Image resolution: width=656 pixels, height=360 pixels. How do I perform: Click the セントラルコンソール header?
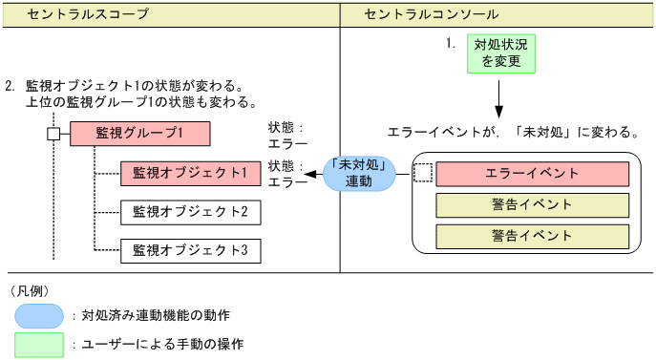[432, 14]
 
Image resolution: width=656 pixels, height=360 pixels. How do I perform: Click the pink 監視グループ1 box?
[139, 133]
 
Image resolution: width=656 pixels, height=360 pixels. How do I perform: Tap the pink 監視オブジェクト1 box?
[190, 174]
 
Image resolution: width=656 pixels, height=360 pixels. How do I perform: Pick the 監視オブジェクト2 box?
[190, 211]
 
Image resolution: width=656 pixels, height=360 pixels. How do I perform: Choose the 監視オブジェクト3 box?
[190, 250]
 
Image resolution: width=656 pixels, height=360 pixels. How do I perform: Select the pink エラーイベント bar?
[532, 174]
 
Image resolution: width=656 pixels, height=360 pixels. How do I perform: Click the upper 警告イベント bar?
[532, 204]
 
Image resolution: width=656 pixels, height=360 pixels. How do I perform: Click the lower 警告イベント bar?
[532, 235]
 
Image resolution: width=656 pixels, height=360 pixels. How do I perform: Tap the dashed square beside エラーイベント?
[422, 174]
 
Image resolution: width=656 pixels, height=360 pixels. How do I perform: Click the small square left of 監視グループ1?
[53, 133]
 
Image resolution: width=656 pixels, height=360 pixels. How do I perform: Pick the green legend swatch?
[38, 343]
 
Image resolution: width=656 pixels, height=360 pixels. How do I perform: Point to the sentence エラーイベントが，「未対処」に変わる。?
[513, 131]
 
